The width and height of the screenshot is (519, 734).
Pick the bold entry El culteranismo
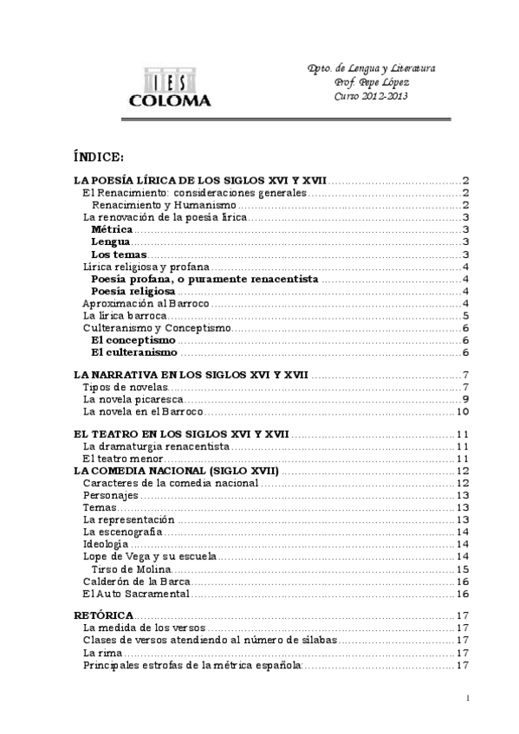[134, 352]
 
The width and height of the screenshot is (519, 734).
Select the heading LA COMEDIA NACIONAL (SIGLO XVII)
[176, 469]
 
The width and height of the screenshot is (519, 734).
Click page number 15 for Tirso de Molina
[462, 570]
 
